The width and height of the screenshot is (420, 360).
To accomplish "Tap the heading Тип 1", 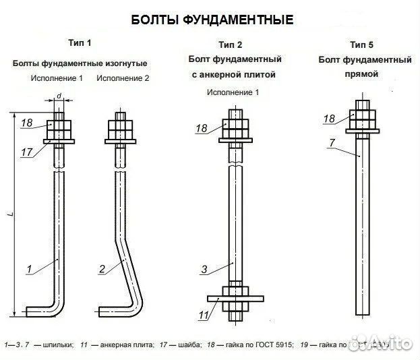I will tap(80, 43).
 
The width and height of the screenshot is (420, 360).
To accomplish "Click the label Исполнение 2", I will tap(123, 78).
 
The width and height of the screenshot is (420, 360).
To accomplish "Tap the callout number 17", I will tap(27, 153).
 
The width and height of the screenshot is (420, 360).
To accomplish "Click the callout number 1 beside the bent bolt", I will tap(29, 270).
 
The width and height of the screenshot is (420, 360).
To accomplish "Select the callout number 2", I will tap(102, 270).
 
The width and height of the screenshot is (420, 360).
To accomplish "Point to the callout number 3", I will tap(204, 270).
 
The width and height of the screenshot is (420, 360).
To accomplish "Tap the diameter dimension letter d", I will tap(59, 97).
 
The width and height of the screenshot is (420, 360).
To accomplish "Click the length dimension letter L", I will tap(11, 214).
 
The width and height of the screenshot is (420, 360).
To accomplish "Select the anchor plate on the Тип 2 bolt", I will tap(234, 297).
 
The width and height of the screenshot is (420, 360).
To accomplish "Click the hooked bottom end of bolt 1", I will tap(40, 311).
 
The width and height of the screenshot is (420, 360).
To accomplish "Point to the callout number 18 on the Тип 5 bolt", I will tap(329, 119).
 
